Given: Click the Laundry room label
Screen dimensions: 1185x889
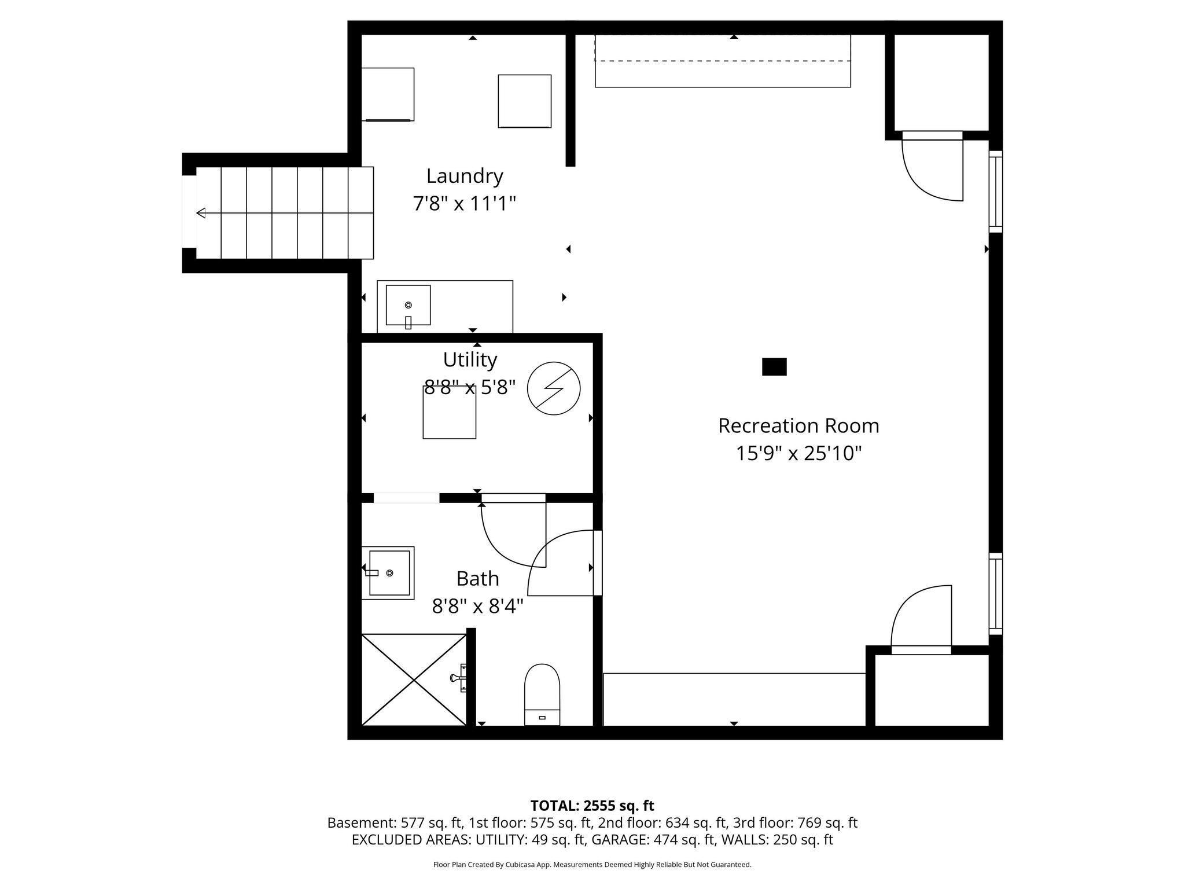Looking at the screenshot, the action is [x=465, y=176].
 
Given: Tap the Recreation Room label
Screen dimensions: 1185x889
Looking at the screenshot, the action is [x=798, y=426].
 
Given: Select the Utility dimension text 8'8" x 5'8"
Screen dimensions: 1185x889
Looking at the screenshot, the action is [x=470, y=387].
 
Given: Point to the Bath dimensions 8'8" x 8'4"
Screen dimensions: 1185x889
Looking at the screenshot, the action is [x=477, y=607].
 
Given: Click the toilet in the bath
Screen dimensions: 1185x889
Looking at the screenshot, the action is [x=542, y=695].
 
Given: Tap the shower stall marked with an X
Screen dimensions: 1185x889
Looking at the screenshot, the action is [x=414, y=679].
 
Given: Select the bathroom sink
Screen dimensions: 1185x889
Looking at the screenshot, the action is [x=388, y=573].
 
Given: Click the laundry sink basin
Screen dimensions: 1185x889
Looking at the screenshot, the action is [x=408, y=305].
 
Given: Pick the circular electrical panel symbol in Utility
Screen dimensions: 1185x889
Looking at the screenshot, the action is [x=554, y=388].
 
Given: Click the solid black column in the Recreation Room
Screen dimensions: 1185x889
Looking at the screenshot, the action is [x=774, y=367].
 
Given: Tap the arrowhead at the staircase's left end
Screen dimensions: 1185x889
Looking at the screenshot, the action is [x=201, y=213].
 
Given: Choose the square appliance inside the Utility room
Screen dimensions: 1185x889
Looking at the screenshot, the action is [x=450, y=412].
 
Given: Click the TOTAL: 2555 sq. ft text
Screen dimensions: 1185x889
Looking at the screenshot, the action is [x=592, y=806].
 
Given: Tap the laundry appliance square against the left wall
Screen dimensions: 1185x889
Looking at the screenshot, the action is [x=388, y=94].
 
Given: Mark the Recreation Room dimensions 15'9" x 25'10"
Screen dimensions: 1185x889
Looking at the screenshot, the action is [x=798, y=453].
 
